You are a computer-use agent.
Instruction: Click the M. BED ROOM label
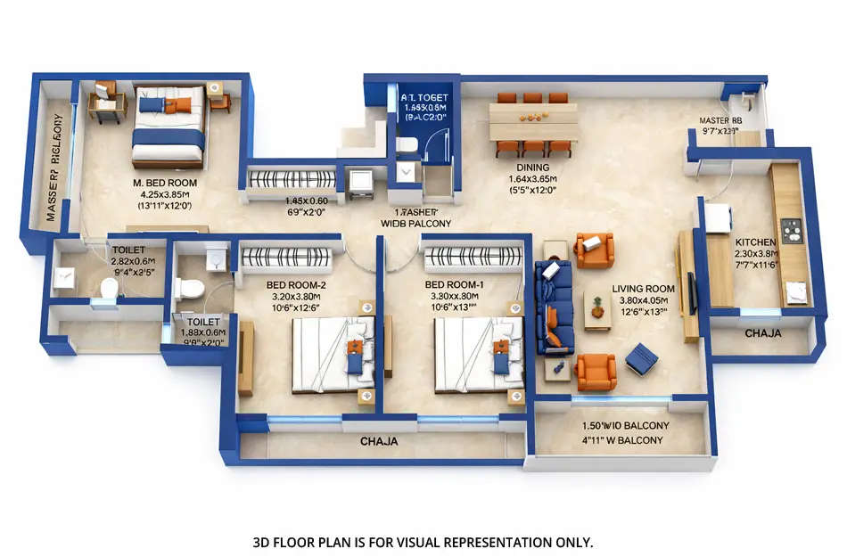pos(165,182)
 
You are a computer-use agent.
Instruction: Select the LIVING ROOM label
pos(643,289)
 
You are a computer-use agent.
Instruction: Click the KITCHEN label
pos(754,242)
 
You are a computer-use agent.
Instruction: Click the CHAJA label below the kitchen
pos(762,333)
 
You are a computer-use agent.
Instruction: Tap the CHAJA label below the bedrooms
pos(379,441)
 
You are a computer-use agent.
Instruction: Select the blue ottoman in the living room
pos(641,358)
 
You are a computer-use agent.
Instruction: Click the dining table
pos(533,122)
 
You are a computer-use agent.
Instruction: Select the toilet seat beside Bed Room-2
pos(190,288)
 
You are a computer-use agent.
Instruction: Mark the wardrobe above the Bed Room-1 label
pos(473,258)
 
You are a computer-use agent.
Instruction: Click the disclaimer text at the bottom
pos(423,542)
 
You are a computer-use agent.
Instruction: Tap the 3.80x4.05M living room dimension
pos(643,300)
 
